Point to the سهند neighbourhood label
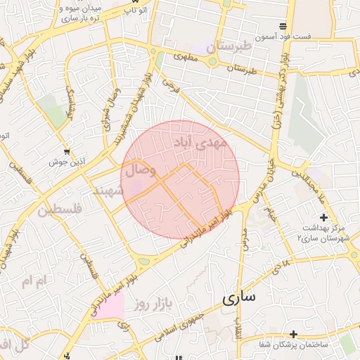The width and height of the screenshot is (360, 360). click(108, 190)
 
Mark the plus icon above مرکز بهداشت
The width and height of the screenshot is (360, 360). click(323, 217)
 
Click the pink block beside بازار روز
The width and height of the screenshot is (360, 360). click(107, 305)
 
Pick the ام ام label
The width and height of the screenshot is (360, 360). click(33, 281)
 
